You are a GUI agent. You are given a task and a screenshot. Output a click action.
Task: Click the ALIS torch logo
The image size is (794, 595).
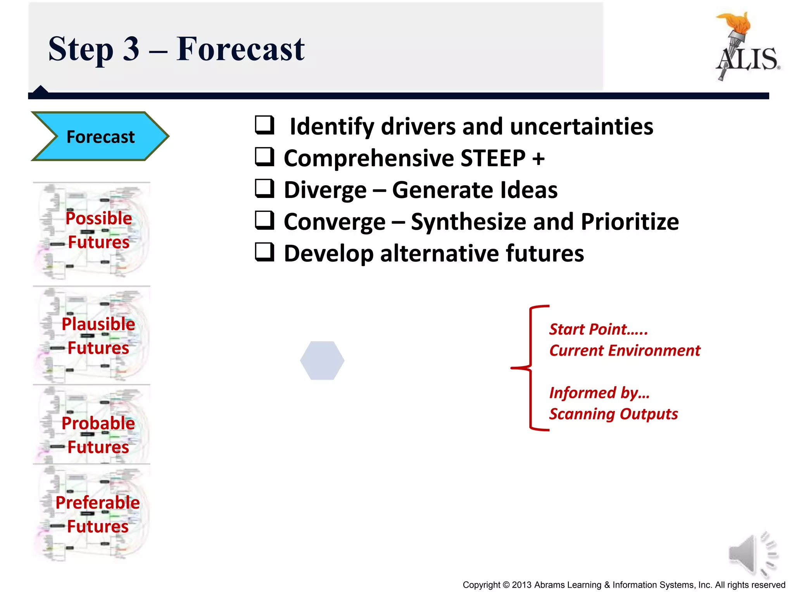[746, 46]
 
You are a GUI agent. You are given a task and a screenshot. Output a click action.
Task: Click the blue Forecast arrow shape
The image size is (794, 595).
[100, 136]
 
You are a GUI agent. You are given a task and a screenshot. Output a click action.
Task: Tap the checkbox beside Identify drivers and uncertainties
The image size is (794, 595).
[265, 125]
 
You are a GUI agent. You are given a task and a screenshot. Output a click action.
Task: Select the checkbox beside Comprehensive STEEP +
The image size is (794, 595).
[265, 157]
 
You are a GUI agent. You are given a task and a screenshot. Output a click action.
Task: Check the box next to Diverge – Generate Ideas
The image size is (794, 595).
[265, 189]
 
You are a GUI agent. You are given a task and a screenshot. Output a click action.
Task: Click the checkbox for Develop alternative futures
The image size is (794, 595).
[265, 252]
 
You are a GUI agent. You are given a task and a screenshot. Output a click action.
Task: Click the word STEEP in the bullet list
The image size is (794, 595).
[493, 158]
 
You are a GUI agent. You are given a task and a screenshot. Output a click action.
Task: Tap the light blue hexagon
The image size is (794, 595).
[322, 360]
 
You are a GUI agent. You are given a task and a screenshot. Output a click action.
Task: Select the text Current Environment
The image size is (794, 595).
[625, 351]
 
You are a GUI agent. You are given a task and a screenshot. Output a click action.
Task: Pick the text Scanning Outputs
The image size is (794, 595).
[613, 414]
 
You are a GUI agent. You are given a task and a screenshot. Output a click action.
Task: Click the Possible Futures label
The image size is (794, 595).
[98, 230]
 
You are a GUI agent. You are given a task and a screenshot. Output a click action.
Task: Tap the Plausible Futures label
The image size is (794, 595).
[98, 336]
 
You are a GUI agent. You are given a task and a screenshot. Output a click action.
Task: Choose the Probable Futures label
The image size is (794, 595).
[98, 435]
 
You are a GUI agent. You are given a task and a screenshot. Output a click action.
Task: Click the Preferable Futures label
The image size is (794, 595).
[98, 514]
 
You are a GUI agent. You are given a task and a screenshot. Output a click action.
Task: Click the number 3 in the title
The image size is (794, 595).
[131, 49]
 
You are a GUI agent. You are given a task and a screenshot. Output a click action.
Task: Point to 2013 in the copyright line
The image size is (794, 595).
[522, 585]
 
